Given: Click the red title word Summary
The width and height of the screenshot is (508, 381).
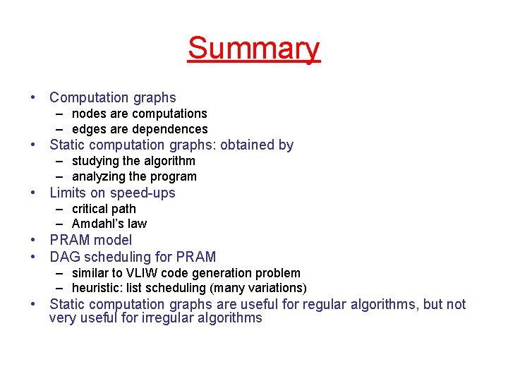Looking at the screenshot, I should [x=253, y=49].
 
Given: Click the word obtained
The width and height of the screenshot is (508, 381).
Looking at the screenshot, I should [x=248, y=145].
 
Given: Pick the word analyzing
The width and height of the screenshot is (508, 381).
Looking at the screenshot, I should [x=99, y=176].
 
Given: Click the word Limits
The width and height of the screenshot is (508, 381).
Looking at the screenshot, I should [x=68, y=193].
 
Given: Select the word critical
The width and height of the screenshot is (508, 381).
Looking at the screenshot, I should [x=90, y=209].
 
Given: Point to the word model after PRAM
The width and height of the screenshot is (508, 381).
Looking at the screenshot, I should [x=112, y=240].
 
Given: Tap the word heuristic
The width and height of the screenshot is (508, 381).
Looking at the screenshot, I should [x=97, y=288].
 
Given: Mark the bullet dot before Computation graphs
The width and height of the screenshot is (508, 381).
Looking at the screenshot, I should [x=32, y=97].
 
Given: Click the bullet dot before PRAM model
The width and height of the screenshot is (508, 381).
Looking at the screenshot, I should [x=32, y=240].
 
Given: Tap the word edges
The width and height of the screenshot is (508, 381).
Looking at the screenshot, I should [x=88, y=129].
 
